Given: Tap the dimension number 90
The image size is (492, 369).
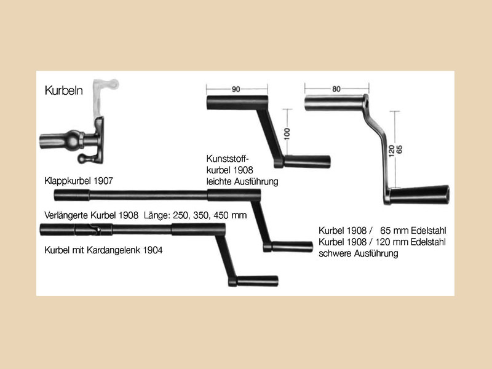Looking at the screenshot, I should tap(236, 89).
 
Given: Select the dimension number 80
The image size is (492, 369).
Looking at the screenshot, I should tap(336, 89).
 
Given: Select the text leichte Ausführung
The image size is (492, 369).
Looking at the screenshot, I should tap(242, 181).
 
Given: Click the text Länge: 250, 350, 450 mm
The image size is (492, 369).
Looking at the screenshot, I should tap(195, 215).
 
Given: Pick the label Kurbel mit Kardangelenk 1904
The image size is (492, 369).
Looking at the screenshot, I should tap(103, 250).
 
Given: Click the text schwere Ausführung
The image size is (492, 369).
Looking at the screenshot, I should tap(359, 253).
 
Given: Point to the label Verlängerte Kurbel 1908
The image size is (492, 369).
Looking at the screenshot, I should tap(91, 215).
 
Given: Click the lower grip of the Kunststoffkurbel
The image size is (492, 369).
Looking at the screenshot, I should tap(307, 162).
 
